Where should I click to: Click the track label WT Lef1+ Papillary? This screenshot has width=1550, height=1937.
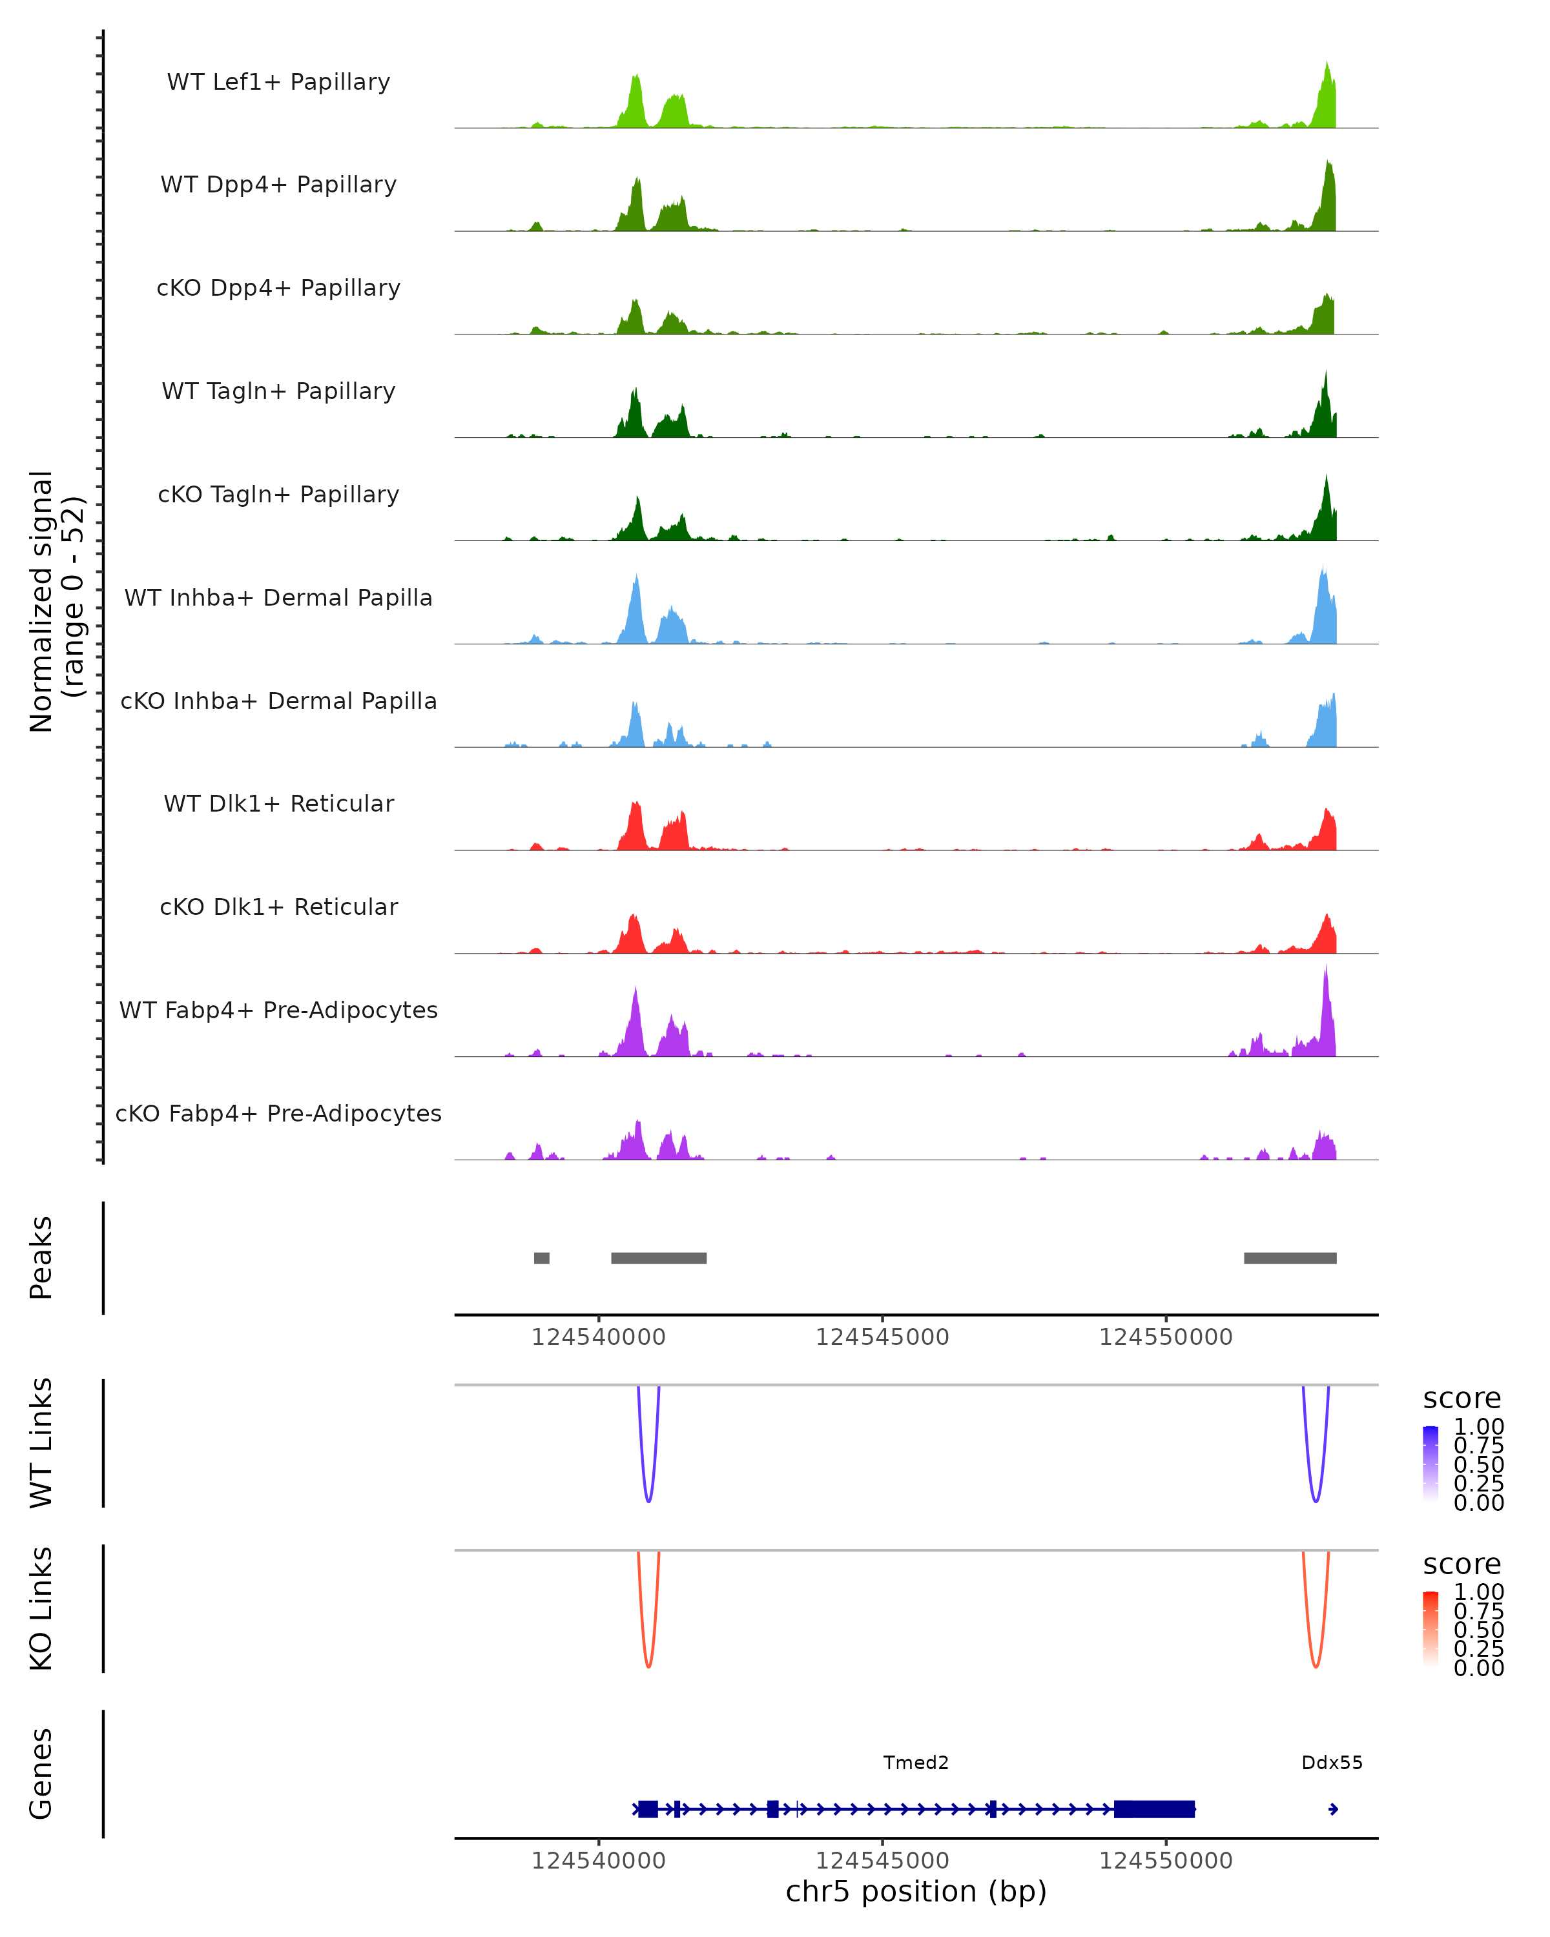click(x=278, y=82)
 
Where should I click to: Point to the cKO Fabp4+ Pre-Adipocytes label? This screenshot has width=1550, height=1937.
click(x=278, y=1113)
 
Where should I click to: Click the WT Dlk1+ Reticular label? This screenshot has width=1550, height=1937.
click(x=278, y=803)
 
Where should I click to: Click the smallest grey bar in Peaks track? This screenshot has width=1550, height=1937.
click(x=541, y=1258)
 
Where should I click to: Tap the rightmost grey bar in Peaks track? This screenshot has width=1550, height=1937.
click(x=1290, y=1258)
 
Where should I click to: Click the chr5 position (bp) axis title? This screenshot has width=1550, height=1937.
click(x=916, y=1891)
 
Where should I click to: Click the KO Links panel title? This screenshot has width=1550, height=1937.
click(x=41, y=1608)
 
